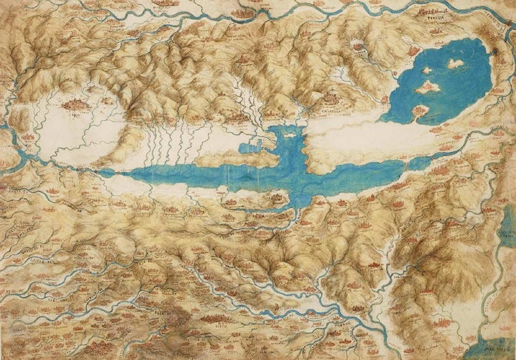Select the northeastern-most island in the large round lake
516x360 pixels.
455,63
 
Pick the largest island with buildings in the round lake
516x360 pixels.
427,88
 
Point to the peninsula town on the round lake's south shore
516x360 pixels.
420,110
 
